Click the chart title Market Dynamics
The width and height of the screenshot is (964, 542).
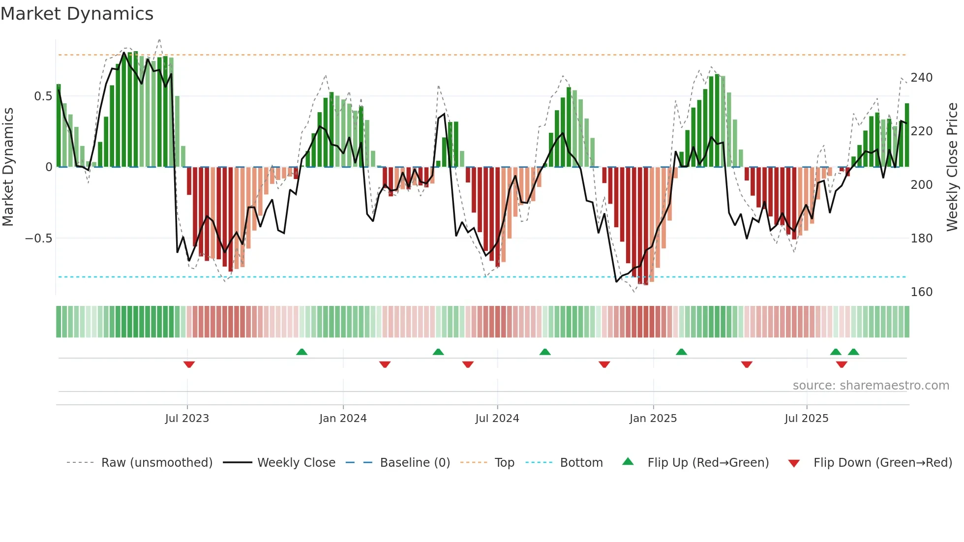click(x=77, y=14)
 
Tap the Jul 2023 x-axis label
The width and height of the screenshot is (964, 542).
click(x=187, y=419)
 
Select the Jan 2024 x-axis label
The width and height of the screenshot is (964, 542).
click(x=343, y=419)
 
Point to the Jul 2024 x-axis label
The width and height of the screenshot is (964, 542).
click(x=497, y=419)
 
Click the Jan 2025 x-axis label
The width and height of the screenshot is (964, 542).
click(x=653, y=419)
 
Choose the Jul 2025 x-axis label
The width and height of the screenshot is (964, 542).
click(x=806, y=419)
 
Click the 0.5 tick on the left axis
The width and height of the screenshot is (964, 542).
click(x=43, y=96)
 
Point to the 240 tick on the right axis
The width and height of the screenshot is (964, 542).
click(x=921, y=78)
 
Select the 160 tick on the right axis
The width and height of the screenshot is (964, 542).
click(x=921, y=292)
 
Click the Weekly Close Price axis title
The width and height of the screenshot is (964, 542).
click(x=952, y=167)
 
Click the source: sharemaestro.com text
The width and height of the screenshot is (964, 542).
click(x=871, y=386)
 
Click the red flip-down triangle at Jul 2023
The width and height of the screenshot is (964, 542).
click(x=189, y=364)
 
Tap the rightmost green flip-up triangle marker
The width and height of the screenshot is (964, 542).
click(x=853, y=352)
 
